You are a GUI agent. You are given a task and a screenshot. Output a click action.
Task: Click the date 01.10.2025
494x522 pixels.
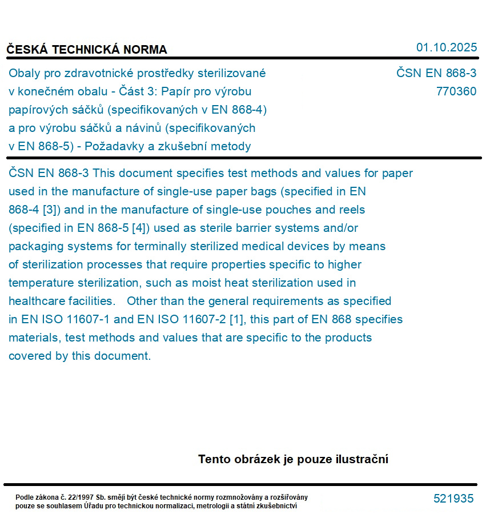(446, 47)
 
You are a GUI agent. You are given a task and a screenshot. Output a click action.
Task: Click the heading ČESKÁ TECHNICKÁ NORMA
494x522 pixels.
(87, 50)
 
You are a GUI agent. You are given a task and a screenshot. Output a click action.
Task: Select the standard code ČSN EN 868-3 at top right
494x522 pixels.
(436, 73)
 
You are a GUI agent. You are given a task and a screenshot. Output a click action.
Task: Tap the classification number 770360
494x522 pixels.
(456, 91)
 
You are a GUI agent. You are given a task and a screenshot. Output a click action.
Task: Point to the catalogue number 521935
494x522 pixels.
(453, 499)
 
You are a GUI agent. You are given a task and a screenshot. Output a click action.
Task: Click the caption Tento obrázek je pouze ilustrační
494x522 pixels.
(293, 459)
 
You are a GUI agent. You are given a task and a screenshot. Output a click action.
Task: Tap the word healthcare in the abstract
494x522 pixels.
(37, 301)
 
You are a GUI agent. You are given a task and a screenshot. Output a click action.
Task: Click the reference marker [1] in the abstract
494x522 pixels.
(236, 319)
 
